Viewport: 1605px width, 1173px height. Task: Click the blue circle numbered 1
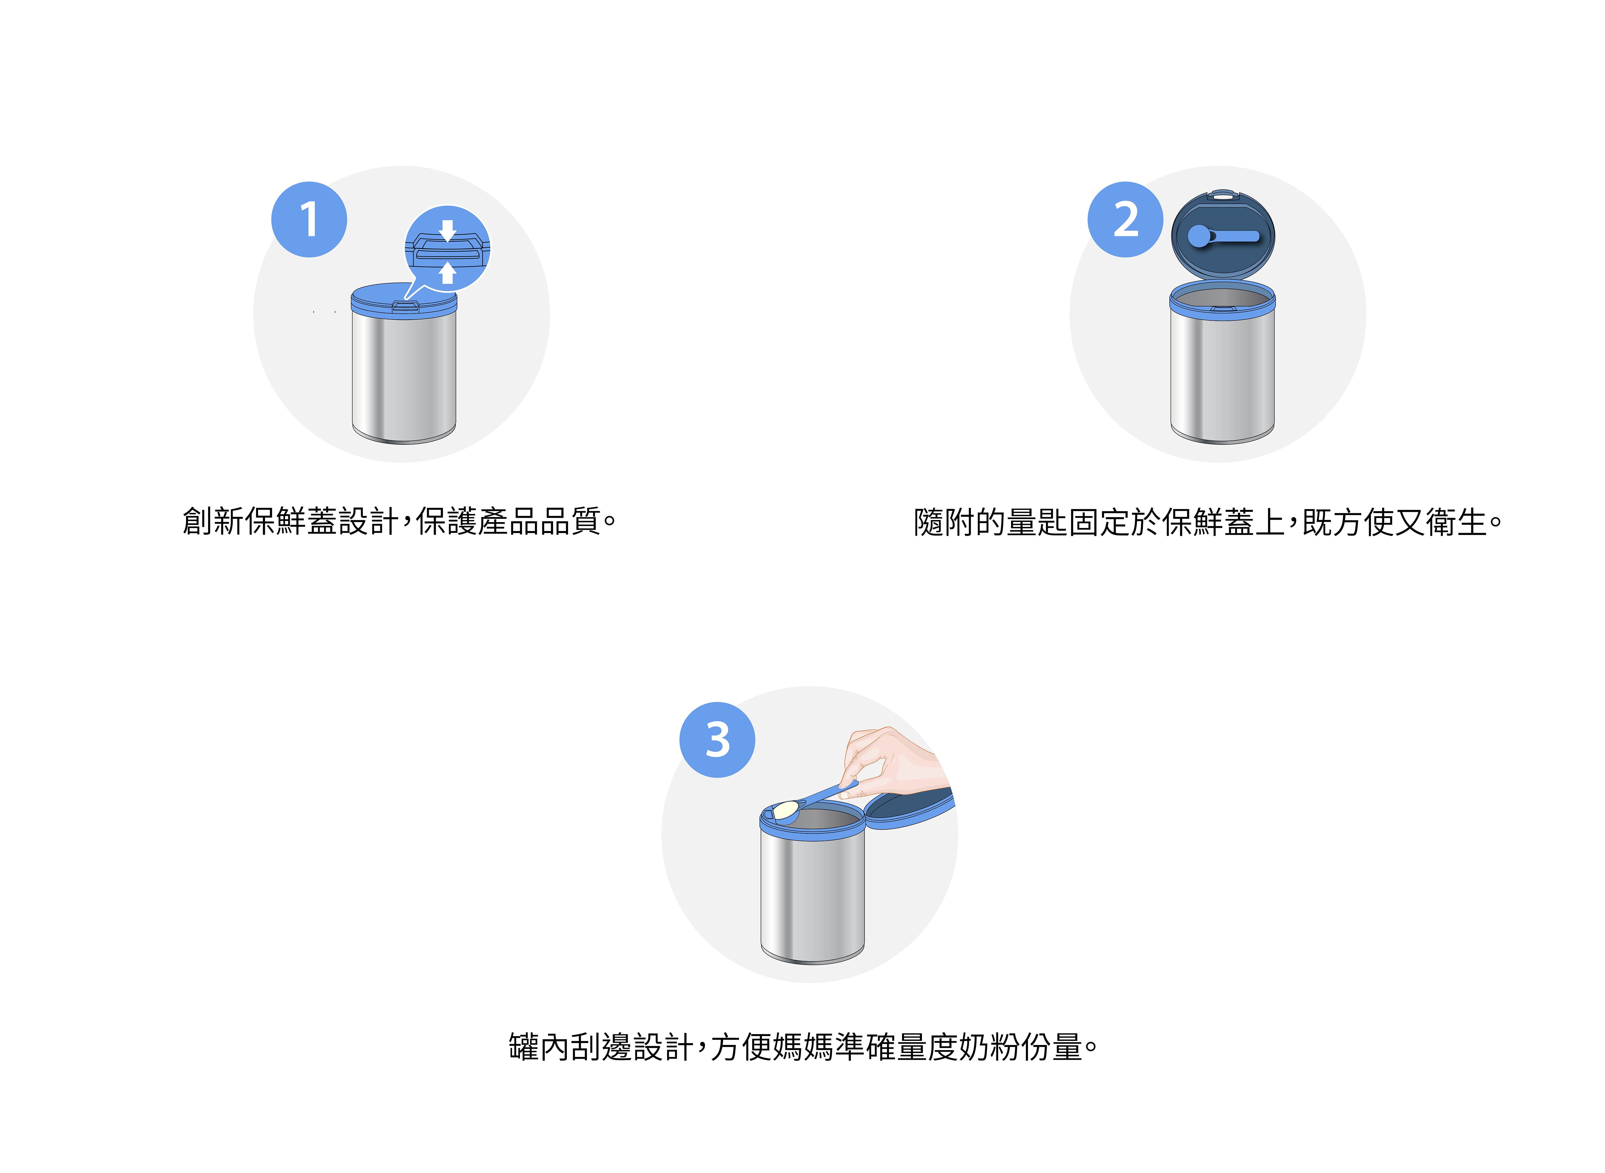click(x=309, y=219)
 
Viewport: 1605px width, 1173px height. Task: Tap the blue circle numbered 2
click(x=1125, y=219)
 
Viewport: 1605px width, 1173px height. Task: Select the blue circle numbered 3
click(x=717, y=740)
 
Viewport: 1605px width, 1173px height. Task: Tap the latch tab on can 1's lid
click(x=405, y=306)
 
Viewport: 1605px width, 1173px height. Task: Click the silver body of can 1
click(x=404, y=376)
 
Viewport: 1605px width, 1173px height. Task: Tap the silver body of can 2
click(x=1222, y=376)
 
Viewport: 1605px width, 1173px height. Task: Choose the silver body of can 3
click(x=812, y=898)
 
